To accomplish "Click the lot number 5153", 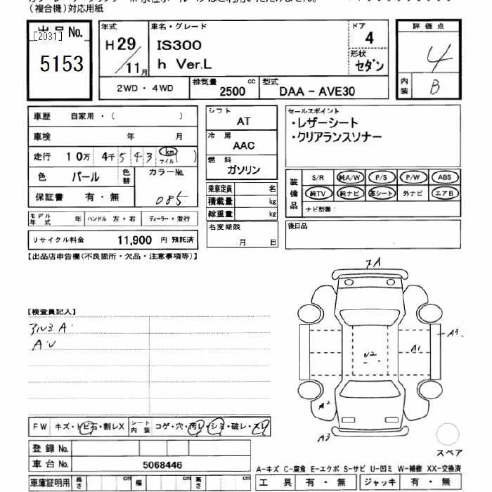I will [x=62, y=64].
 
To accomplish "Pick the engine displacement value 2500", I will [x=233, y=91].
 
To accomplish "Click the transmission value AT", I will [x=243, y=121].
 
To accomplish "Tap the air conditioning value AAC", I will [x=244, y=145].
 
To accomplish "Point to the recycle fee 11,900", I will [x=134, y=240].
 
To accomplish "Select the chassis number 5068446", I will [x=162, y=465].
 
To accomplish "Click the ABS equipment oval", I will [x=444, y=177].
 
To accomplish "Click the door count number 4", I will [x=369, y=38].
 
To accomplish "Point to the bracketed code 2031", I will [x=47, y=35].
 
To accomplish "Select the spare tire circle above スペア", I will [x=448, y=434].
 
